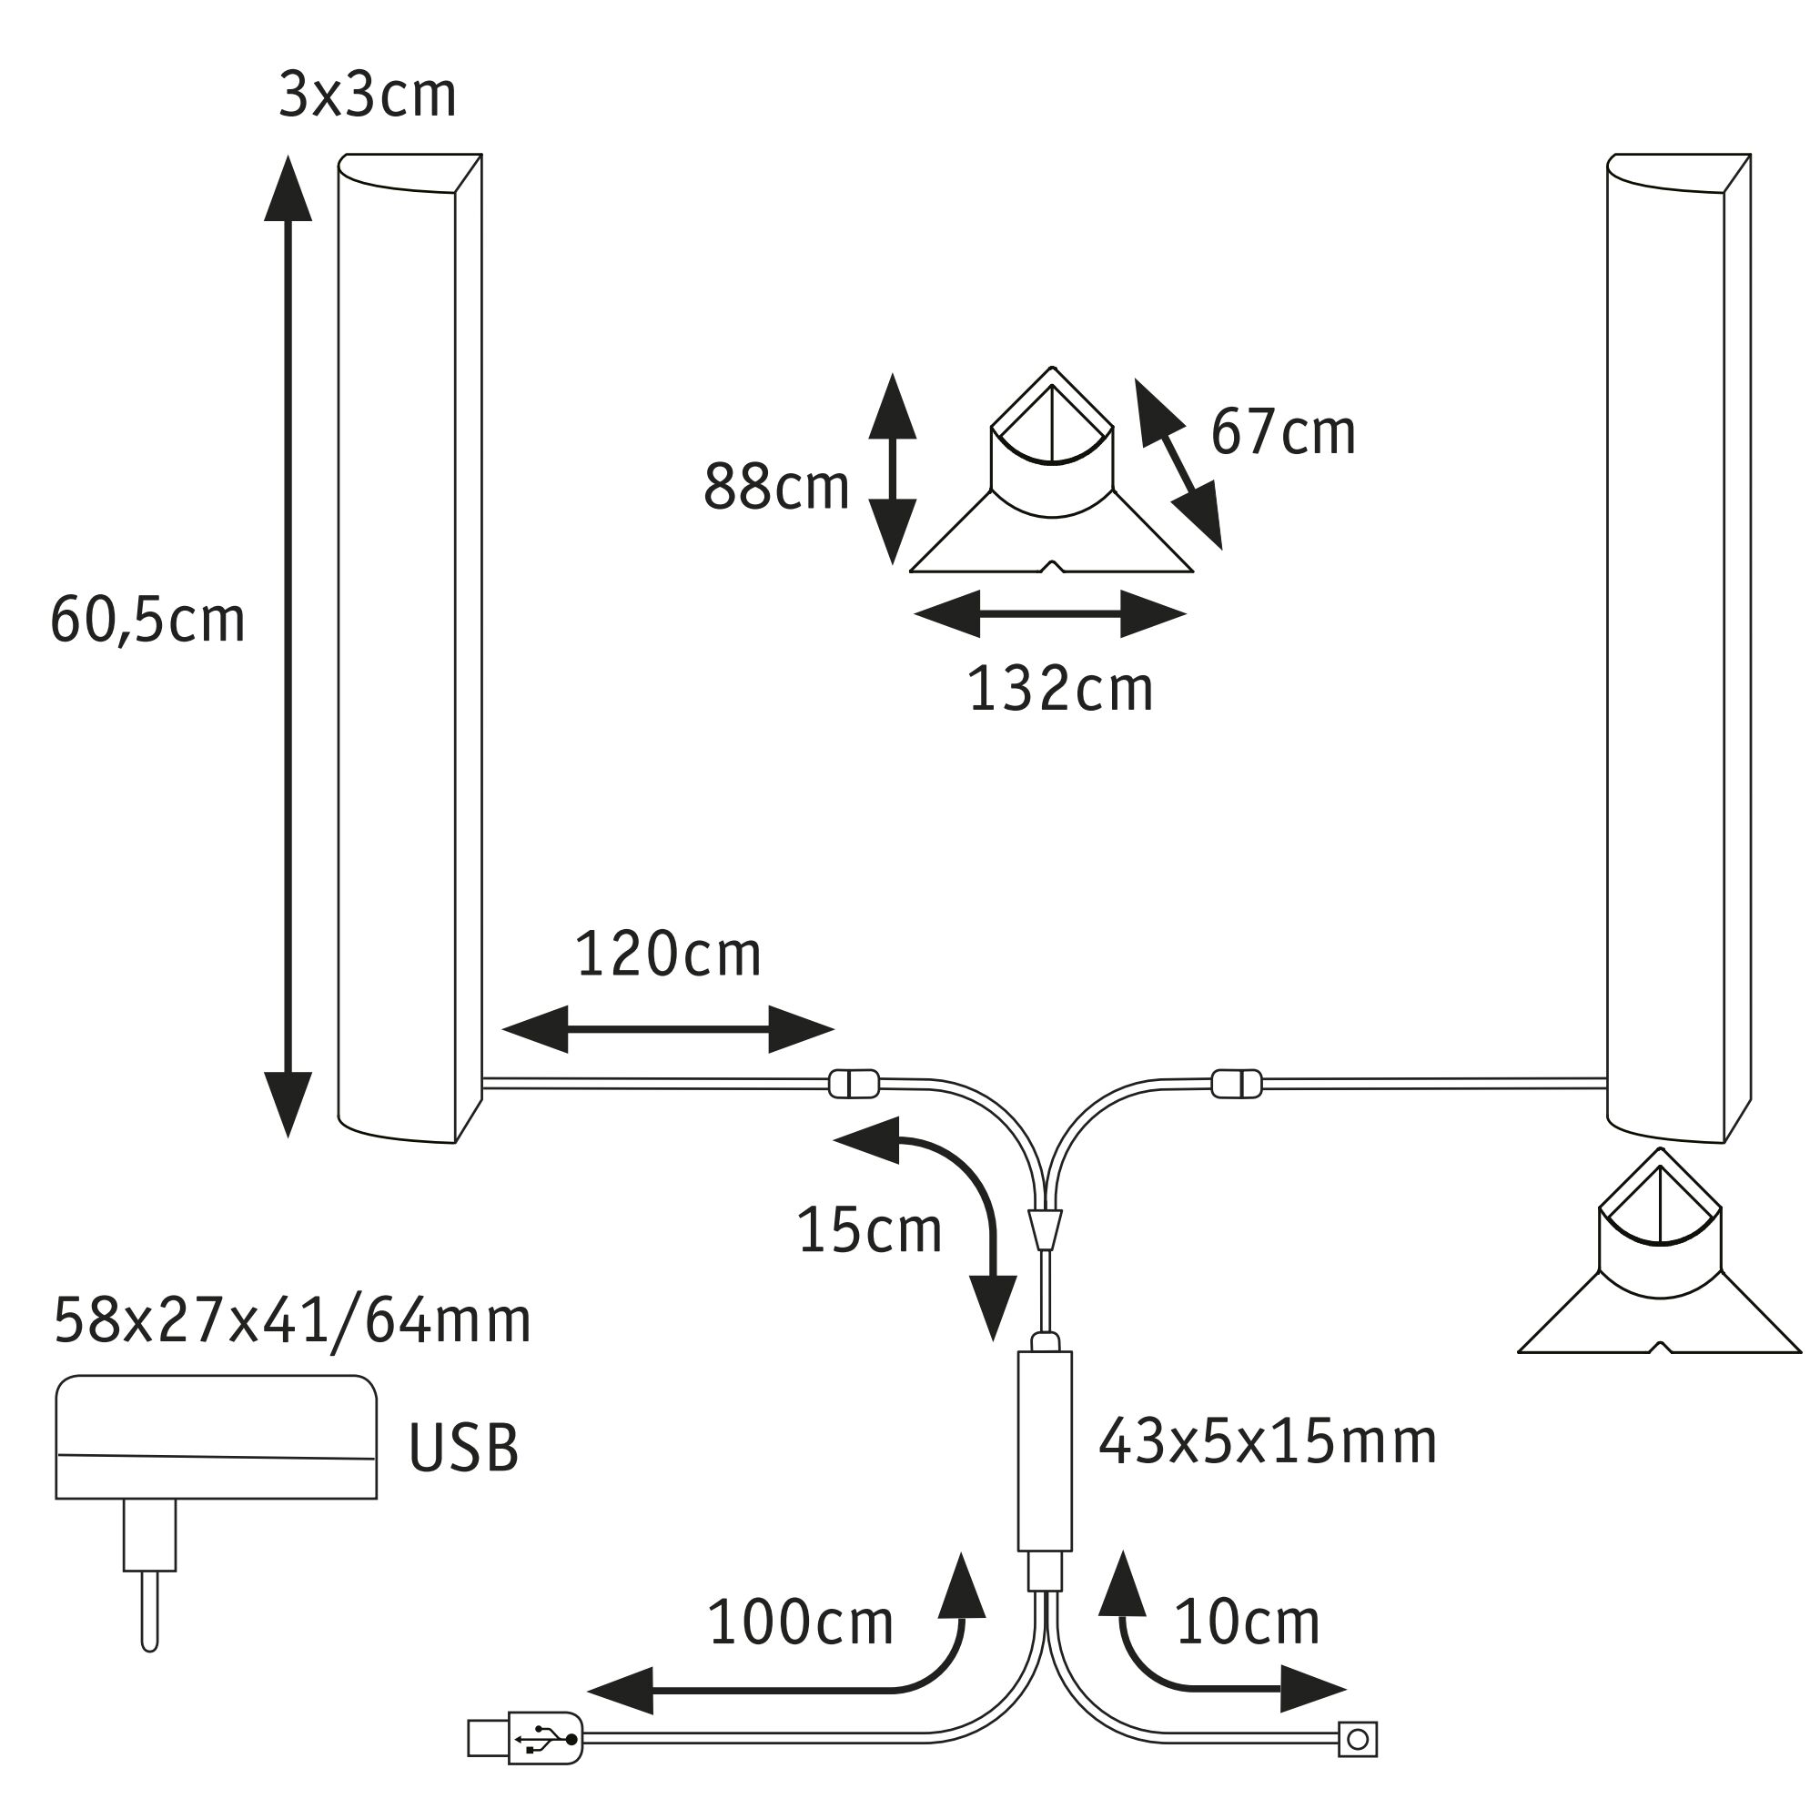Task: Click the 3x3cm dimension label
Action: (368, 96)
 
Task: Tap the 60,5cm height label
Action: (148, 621)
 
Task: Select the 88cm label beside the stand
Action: (776, 488)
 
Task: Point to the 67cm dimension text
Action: (1282, 433)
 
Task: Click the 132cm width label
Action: (1060, 690)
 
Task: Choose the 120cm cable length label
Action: (668, 955)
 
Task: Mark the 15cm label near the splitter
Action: (868, 1230)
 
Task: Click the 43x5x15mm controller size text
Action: (1267, 1442)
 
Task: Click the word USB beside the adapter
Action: (463, 1448)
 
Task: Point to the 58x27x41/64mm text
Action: (292, 1321)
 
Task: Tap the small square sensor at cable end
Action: (1358, 1739)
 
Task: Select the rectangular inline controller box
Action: (1045, 1452)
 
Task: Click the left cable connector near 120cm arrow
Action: (854, 1084)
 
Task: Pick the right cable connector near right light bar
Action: (1236, 1084)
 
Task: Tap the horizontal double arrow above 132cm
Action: (1049, 614)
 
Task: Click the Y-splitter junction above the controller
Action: (1045, 1228)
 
